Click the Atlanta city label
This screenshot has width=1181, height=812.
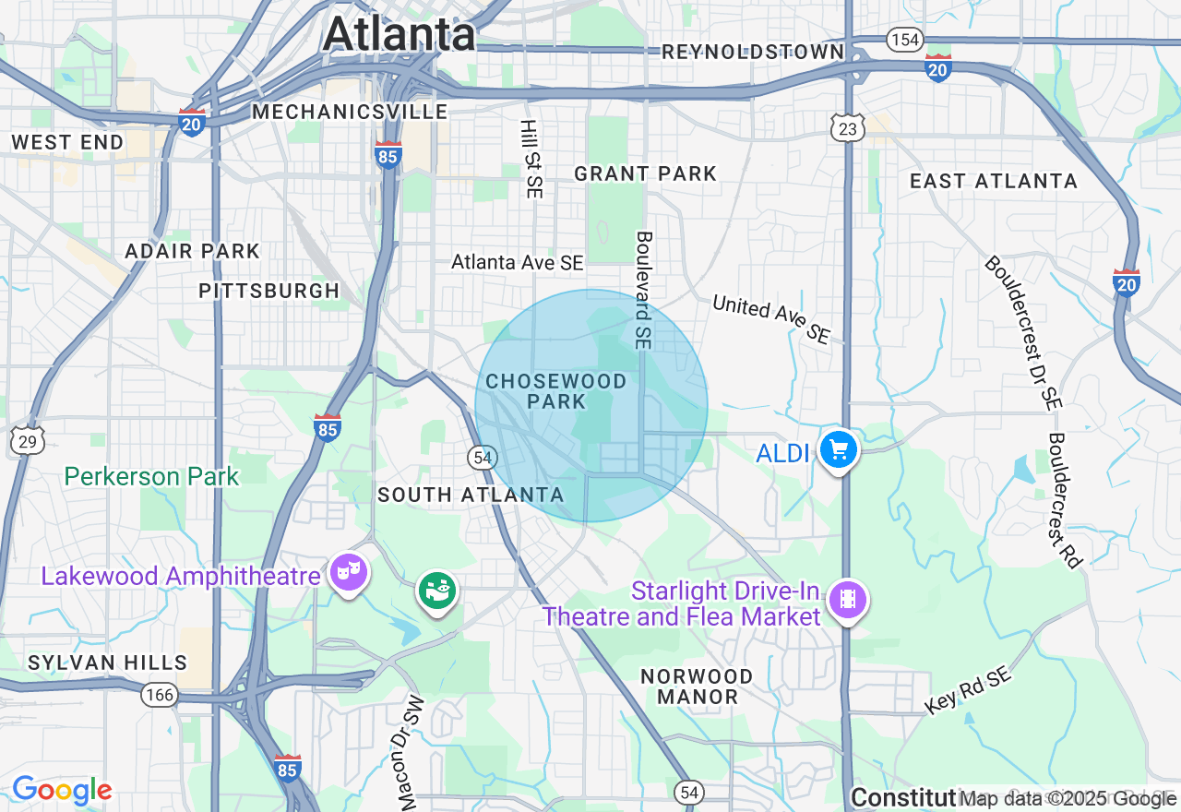(x=399, y=35)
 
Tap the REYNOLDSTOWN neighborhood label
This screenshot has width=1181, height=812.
(x=753, y=52)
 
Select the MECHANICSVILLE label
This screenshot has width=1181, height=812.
(x=350, y=112)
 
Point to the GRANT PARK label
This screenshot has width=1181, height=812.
(x=645, y=173)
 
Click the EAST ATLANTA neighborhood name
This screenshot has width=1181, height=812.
(x=994, y=181)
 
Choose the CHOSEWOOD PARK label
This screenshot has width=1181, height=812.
(x=556, y=391)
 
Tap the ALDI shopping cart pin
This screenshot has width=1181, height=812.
(x=839, y=451)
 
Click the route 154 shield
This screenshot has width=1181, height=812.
(x=905, y=39)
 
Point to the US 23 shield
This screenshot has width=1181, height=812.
(x=847, y=130)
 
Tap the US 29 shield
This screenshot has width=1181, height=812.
(x=28, y=442)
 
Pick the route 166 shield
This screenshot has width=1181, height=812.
(x=160, y=694)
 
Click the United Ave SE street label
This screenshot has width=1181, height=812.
(x=771, y=319)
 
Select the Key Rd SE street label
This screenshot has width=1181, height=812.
(x=968, y=690)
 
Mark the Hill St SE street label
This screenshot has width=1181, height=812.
(x=531, y=159)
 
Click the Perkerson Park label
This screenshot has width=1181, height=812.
(x=151, y=476)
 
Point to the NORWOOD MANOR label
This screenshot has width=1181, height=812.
(x=697, y=687)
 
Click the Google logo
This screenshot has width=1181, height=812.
(x=62, y=790)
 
